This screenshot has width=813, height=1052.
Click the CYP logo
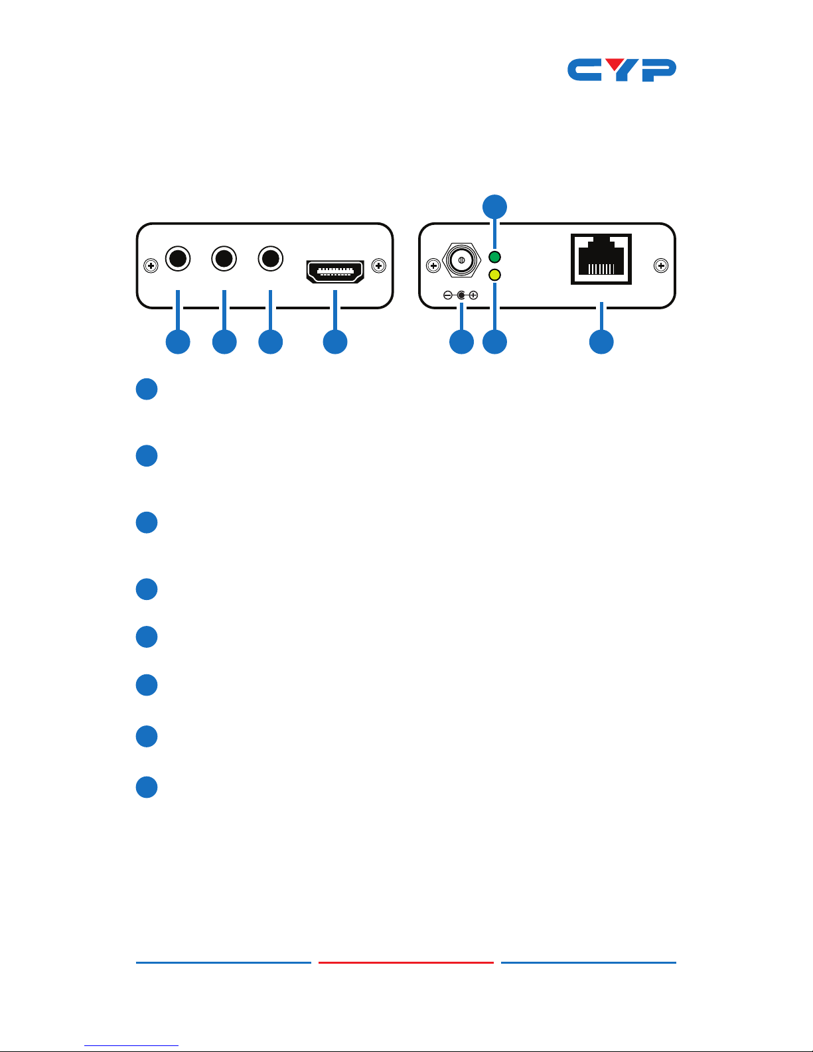(621, 70)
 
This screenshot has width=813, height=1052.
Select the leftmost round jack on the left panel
(178, 258)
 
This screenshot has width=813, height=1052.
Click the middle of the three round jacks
(224, 258)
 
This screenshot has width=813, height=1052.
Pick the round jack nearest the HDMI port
(270, 258)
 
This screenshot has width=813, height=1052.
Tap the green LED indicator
(494, 257)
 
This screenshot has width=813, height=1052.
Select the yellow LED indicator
(494, 275)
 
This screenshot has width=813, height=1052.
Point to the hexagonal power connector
(461, 260)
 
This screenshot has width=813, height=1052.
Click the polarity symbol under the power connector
(461, 295)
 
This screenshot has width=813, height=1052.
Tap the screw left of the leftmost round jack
(151, 266)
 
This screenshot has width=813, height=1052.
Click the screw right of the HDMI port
(379, 266)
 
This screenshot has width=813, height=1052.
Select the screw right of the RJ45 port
(661, 266)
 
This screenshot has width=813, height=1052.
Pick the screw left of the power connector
(433, 266)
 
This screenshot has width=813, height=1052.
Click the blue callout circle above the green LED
(494, 206)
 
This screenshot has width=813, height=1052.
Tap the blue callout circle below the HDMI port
(335, 342)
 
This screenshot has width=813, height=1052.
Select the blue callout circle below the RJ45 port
(601, 342)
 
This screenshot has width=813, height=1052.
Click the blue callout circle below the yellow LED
(494, 342)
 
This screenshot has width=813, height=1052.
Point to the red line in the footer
(406, 962)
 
